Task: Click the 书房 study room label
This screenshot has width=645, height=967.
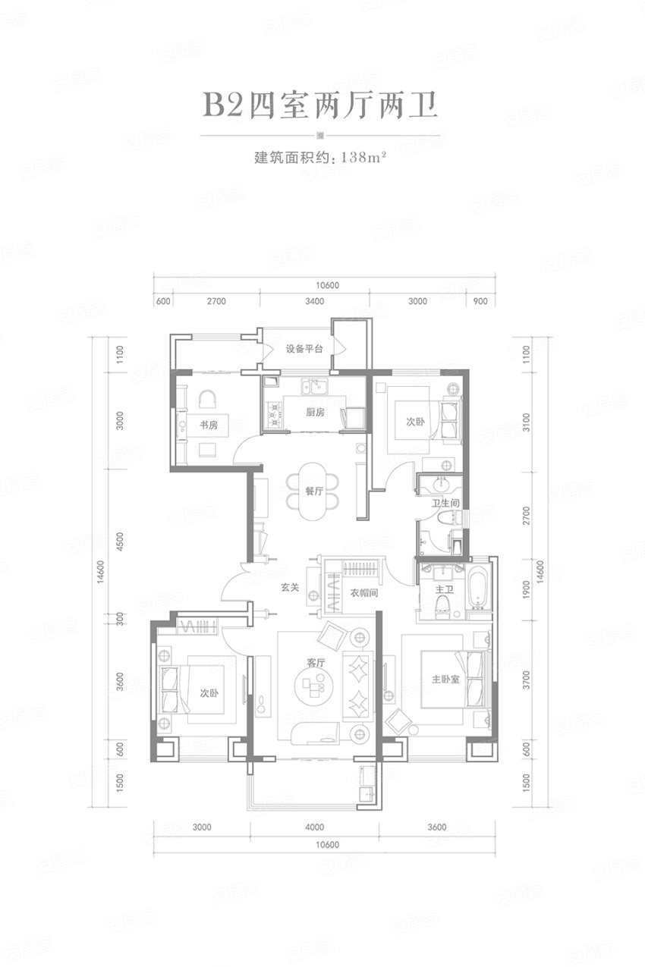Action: (208, 425)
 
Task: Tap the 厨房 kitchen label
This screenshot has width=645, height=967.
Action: (315, 413)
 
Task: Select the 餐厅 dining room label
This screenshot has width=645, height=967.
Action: (314, 491)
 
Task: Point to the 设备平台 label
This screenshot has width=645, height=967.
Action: (304, 349)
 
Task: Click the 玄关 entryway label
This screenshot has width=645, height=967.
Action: (290, 588)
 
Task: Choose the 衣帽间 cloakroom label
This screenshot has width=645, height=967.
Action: (364, 593)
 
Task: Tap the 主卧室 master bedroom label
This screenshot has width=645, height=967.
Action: (445, 679)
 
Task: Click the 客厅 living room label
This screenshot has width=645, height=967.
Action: (316, 662)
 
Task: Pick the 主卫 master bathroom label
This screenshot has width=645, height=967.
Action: (444, 589)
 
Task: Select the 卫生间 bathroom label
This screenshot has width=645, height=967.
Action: (445, 503)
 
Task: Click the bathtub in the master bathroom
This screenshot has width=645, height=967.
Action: (477, 588)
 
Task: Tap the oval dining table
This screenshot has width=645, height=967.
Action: (313, 491)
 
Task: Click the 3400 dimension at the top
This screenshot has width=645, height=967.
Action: (314, 301)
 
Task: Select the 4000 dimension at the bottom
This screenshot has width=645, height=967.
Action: (314, 827)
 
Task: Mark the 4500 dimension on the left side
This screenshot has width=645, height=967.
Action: (120, 541)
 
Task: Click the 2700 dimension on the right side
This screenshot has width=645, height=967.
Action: (526, 516)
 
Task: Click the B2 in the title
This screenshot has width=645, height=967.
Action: (223, 105)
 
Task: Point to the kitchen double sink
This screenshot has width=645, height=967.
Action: (315, 388)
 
